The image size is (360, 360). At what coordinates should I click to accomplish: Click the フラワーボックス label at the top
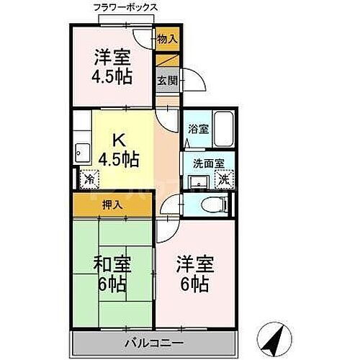(x=126, y=7)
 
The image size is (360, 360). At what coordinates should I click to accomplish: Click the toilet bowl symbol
(x=211, y=204)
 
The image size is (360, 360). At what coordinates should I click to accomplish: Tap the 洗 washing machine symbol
(x=225, y=179)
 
